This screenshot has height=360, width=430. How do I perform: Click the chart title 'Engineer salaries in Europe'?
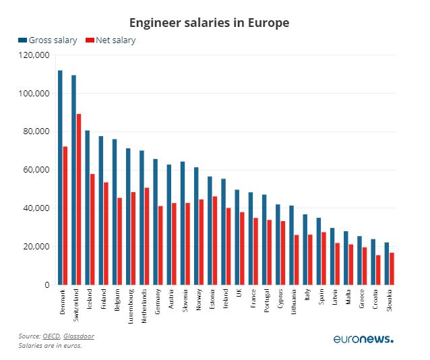(215, 22)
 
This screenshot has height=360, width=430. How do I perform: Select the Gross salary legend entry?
(47, 40)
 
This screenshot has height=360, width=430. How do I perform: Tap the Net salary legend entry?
(111, 40)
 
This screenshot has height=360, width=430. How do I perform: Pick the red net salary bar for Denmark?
(65, 216)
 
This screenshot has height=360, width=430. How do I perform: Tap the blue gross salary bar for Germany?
(155, 222)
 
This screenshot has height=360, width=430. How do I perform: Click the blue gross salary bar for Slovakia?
(387, 264)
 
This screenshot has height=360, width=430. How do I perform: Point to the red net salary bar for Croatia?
(379, 270)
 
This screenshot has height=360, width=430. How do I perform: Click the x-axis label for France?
(253, 299)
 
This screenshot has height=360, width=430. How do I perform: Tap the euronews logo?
(363, 338)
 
